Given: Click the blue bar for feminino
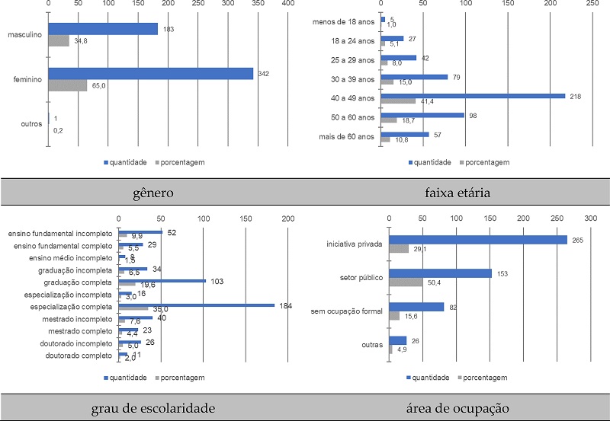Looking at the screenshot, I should (150, 74).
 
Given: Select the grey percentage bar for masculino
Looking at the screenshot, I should (59, 41).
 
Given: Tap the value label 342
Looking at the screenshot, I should (264, 74).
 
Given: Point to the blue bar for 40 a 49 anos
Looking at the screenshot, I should (473, 96).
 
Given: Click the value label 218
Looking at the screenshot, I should (576, 96).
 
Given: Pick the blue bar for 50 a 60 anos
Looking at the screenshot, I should (422, 116).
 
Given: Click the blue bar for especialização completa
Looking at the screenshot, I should (197, 305).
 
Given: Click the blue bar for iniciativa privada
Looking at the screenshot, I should (477, 240).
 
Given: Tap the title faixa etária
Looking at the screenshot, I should (457, 193).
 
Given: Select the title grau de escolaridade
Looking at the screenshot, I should (153, 409).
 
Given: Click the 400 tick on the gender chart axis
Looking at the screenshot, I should (288, 4).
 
